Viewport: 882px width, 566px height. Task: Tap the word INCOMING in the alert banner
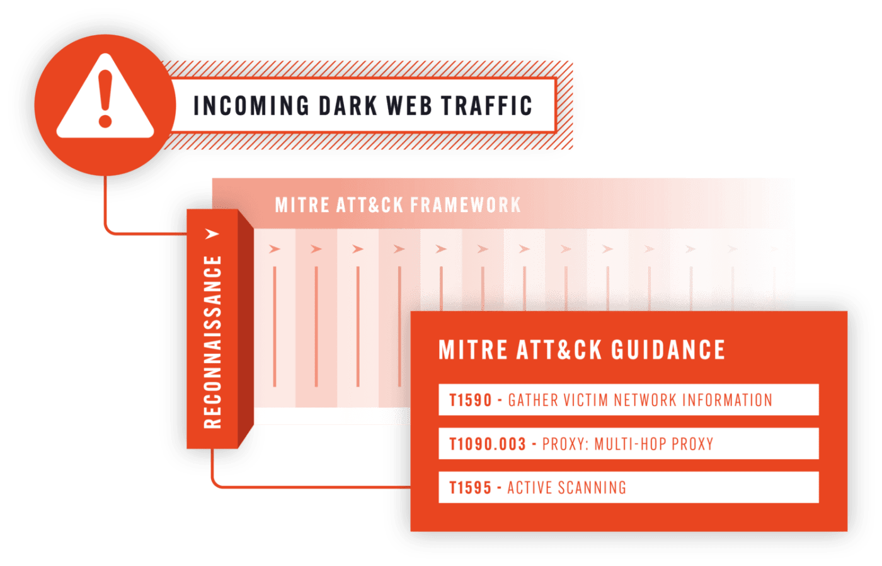coord(251,106)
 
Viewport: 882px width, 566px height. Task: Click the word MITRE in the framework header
coord(302,205)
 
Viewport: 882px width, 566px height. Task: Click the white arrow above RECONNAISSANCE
coord(213,234)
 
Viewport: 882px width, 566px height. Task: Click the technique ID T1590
coord(470,400)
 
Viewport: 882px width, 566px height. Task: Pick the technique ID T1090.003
coord(487,444)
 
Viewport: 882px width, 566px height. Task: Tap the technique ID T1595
coord(470,488)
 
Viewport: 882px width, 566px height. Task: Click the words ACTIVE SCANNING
coord(566,488)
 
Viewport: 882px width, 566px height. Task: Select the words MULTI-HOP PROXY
coord(654,444)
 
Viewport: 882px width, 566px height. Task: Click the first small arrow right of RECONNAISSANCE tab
coord(275,249)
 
